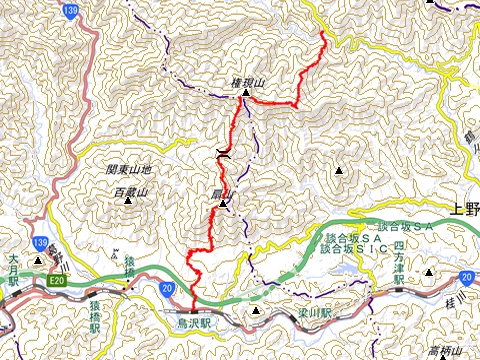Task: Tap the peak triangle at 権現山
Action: tap(246, 97)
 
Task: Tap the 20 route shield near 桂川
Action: tap(467, 275)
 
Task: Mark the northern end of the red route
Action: tap(323, 35)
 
